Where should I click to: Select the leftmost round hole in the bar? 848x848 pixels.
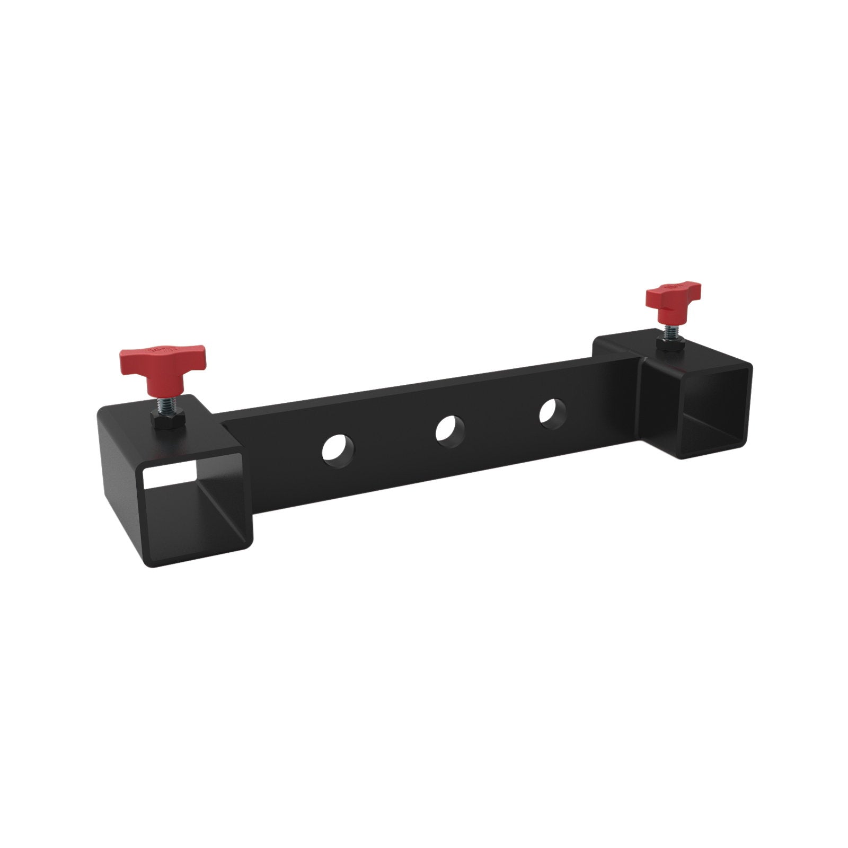click(338, 450)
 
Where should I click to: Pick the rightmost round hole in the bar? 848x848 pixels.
click(552, 411)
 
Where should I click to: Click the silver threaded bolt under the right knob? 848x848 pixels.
click(669, 332)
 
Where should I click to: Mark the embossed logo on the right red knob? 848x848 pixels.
click(673, 286)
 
